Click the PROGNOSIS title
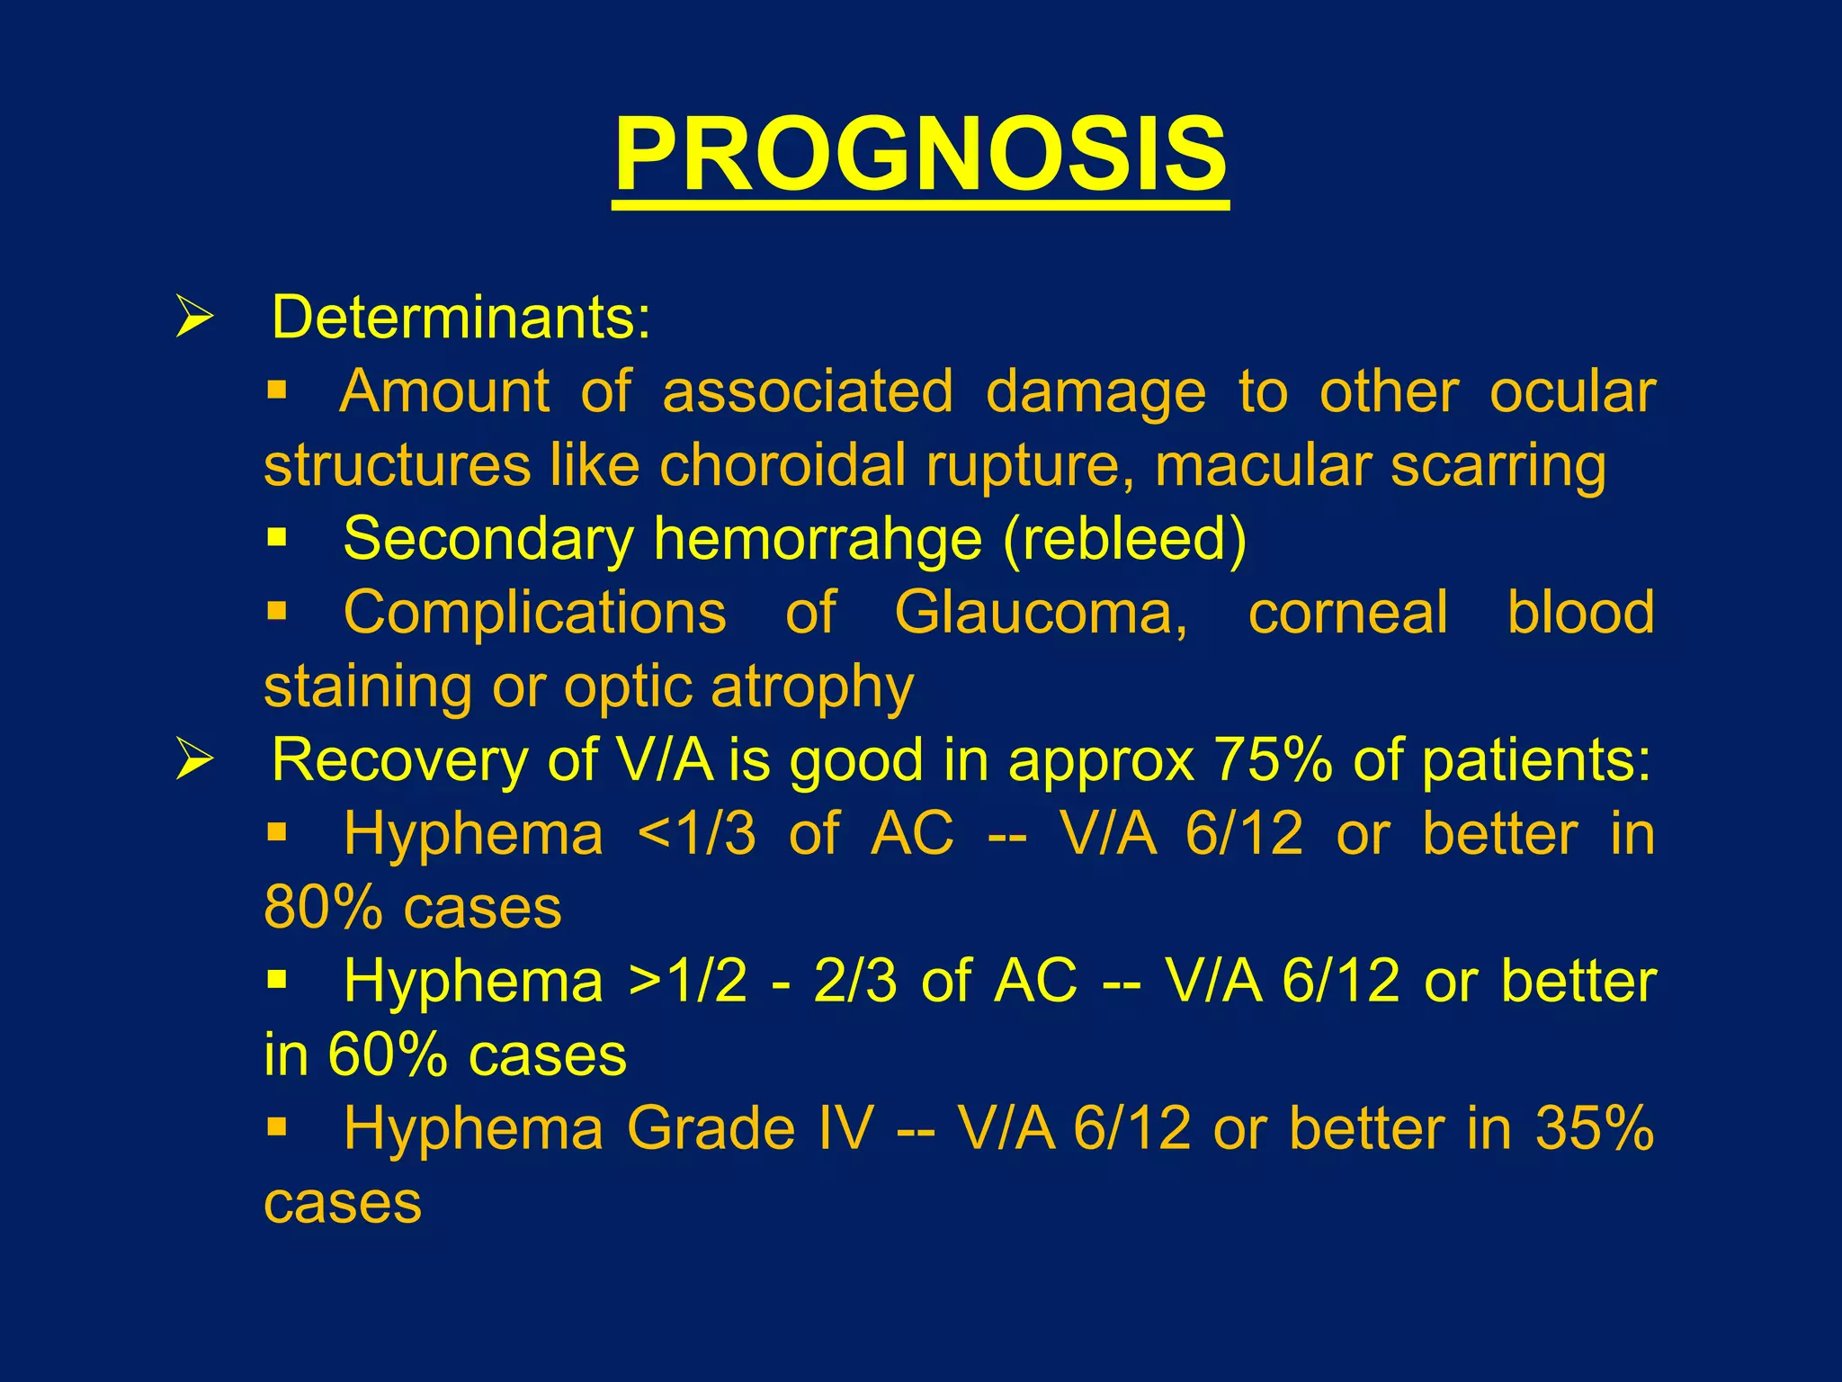(x=920, y=155)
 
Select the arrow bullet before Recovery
(x=194, y=759)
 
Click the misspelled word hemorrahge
(x=817, y=540)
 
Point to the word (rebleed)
(x=1124, y=540)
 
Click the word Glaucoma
(x=1040, y=613)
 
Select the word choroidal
(x=782, y=466)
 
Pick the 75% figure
(x=1273, y=760)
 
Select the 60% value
(x=388, y=1054)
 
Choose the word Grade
(x=711, y=1128)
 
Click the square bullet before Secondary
(x=276, y=539)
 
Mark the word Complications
(x=534, y=613)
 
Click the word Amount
(x=444, y=392)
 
